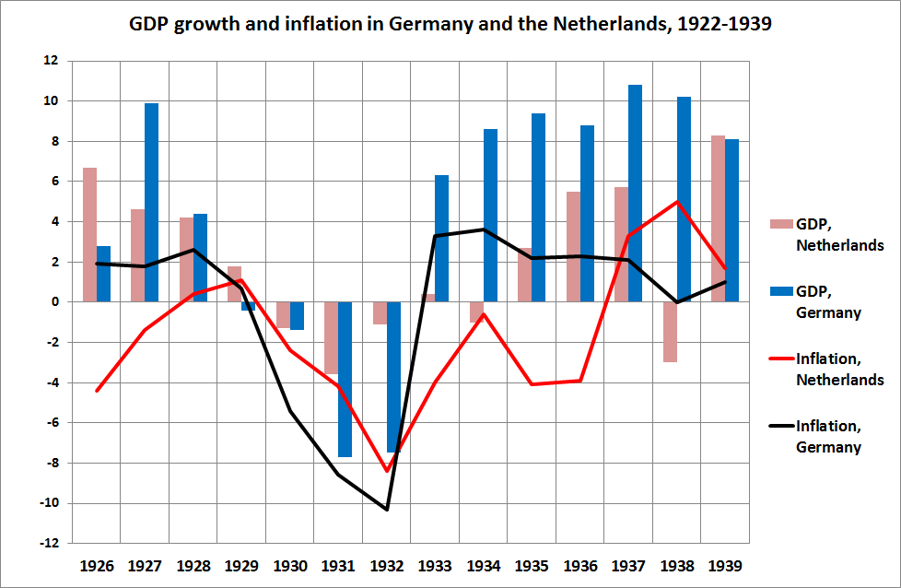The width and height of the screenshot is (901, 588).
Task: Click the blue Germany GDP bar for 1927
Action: tap(151, 203)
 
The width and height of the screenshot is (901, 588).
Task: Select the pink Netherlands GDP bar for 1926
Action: tap(89, 235)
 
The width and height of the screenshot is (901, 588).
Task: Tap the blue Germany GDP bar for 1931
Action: tap(345, 379)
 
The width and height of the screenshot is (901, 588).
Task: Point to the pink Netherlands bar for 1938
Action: tap(669, 332)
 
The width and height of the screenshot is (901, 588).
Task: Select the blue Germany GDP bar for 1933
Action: tap(441, 239)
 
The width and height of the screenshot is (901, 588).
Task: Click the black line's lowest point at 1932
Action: tap(387, 509)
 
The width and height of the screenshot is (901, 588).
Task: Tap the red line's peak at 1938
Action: tap(677, 202)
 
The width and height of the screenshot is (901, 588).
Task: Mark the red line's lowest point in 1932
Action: tap(387, 471)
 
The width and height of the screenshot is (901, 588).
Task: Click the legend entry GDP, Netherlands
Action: tap(825, 234)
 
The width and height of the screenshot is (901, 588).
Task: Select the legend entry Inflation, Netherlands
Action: tap(825, 368)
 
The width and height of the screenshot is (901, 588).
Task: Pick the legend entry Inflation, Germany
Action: tap(825, 436)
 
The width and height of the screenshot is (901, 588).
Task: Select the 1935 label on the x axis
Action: tap(532, 565)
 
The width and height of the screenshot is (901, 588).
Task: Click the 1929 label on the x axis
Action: tap(241, 565)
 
